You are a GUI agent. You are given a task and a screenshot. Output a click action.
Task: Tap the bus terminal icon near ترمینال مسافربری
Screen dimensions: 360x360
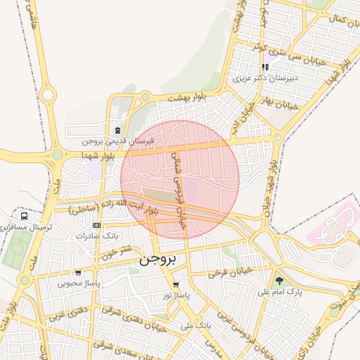[x=25, y=216]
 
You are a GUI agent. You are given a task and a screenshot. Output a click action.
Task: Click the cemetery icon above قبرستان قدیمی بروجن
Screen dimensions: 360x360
[x=117, y=130]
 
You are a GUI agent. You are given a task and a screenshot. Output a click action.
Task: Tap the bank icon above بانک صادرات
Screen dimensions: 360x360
[x=96, y=225]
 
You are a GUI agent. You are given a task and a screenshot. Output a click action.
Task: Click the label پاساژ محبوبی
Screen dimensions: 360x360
[x=78, y=283]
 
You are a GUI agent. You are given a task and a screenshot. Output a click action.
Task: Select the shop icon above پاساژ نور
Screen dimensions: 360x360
[x=176, y=285]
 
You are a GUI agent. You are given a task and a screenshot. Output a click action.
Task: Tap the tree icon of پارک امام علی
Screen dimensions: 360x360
[x=280, y=280]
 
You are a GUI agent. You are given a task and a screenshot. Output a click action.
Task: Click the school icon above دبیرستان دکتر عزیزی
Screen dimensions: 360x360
[x=265, y=67]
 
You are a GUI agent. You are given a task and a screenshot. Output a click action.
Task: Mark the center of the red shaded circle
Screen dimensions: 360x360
[x=180, y=180]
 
